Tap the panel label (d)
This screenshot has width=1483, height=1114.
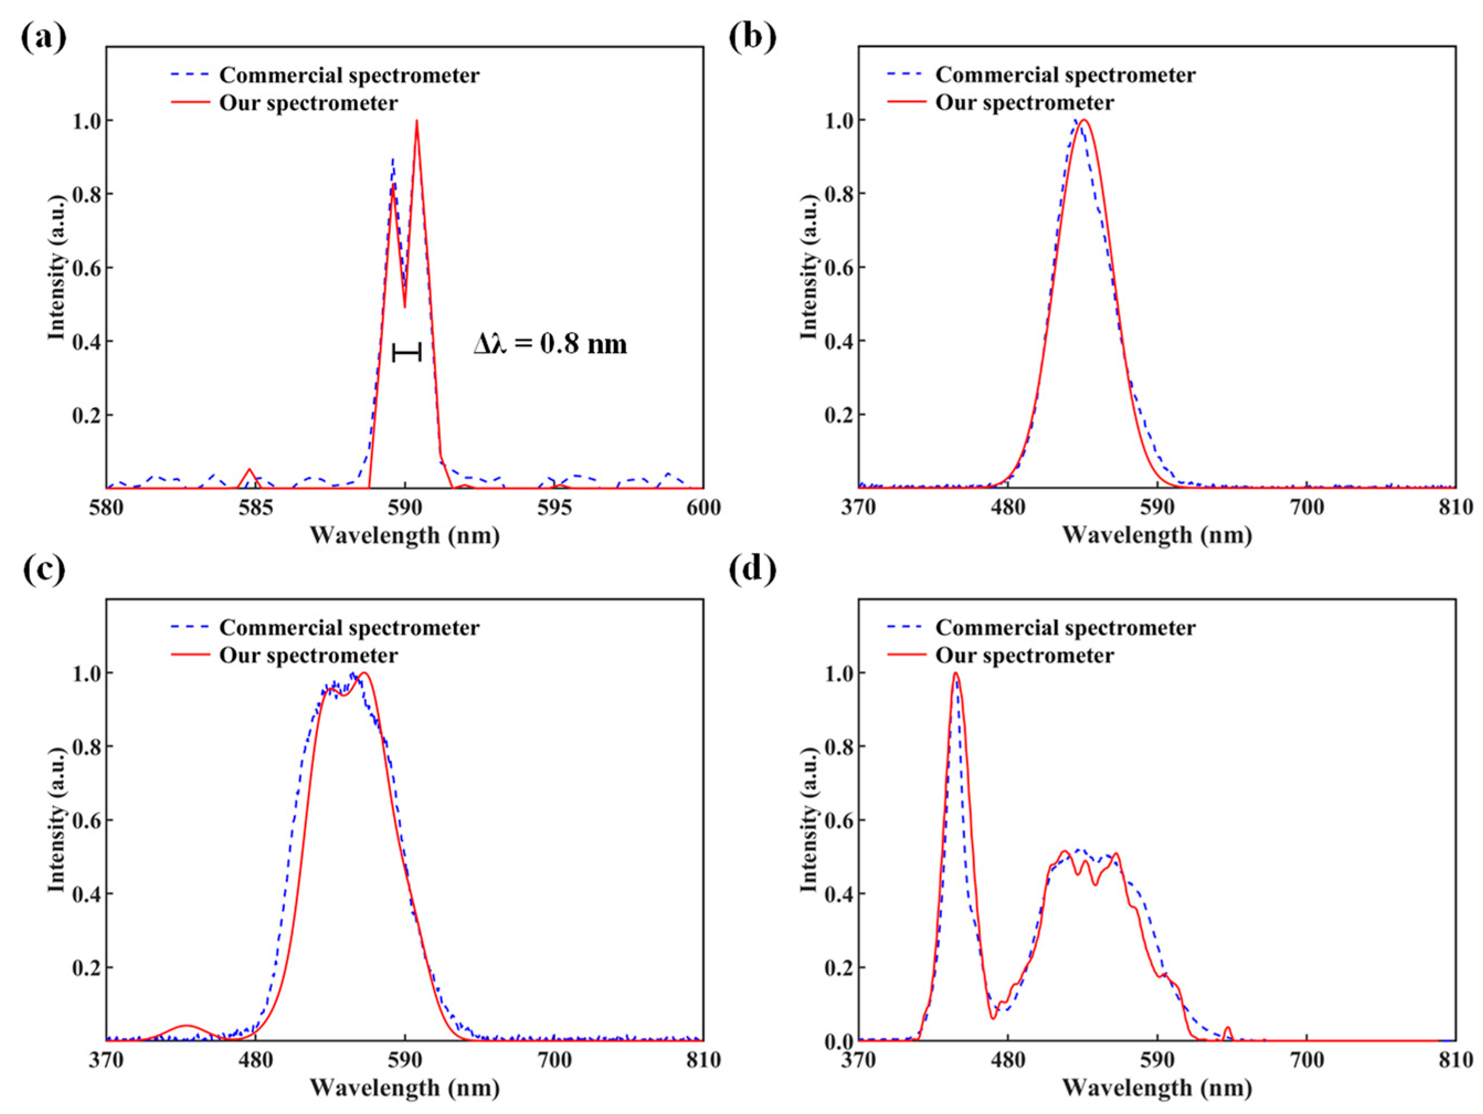(752, 569)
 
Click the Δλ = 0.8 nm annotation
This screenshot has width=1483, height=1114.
(550, 345)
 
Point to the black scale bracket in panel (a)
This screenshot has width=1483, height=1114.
(406, 351)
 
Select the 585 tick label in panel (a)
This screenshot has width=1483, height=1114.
(256, 508)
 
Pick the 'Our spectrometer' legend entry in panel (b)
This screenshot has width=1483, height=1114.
(1024, 103)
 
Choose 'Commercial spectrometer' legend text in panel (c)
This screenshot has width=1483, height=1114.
(348, 628)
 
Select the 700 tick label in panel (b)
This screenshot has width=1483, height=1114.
(1307, 508)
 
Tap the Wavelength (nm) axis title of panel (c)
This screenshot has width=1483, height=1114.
(404, 1088)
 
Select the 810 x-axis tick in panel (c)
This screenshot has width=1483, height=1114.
(703, 1061)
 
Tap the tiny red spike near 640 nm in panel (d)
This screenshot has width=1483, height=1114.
(1227, 1028)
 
